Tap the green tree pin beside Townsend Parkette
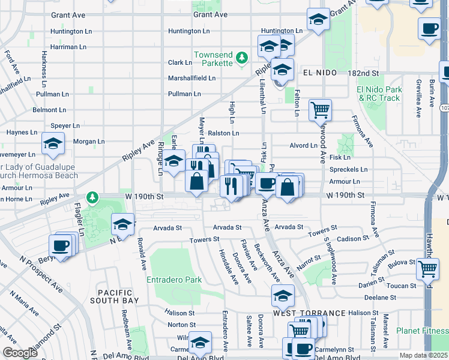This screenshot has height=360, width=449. point(241,58)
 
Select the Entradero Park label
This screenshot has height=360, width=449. point(174,280)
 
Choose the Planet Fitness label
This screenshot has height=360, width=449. point(421,331)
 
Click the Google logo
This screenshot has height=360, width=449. point(20,353)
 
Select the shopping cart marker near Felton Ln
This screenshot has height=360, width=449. point(321,110)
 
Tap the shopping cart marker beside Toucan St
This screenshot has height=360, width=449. point(427,268)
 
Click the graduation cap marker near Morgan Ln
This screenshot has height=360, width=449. point(53,143)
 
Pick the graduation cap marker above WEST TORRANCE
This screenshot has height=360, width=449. point(283,295)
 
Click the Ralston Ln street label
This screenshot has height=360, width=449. point(224,133)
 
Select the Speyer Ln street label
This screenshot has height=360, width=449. point(66,126)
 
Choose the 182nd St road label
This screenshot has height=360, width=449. point(364,73)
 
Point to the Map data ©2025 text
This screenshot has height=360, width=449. point(423,355)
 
